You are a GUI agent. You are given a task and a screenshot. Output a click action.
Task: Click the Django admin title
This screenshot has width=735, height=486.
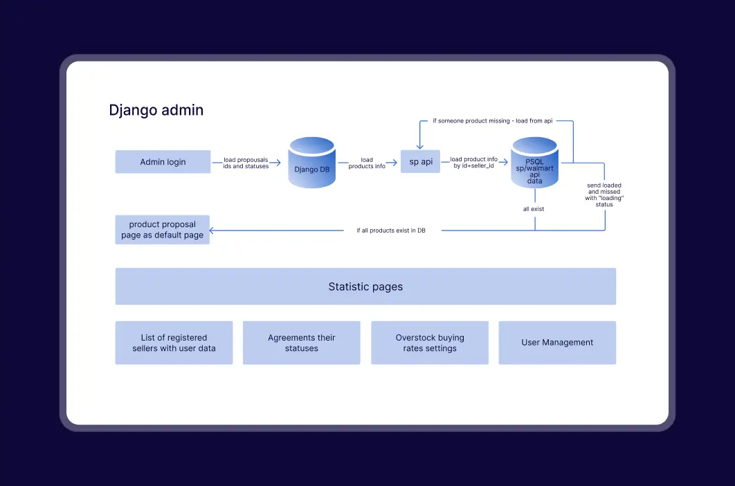point(156,110)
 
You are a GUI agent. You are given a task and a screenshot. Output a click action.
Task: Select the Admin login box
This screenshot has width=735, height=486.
point(163,162)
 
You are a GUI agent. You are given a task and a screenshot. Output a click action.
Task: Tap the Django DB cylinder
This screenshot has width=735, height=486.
point(311,162)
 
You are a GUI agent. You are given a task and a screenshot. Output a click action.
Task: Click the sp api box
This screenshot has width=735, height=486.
point(421,161)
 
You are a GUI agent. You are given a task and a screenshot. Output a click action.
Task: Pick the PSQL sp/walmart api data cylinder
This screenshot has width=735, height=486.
point(534,162)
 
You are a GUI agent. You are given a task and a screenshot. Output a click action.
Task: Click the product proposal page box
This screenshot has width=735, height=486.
point(162,229)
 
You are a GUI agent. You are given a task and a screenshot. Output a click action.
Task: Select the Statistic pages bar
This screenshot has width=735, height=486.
point(365,286)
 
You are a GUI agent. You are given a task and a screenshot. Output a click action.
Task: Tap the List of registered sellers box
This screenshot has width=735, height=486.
point(174,343)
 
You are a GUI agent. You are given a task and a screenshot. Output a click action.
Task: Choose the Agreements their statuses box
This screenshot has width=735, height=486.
point(302,343)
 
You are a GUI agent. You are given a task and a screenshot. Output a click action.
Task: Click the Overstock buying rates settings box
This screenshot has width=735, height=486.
point(430,343)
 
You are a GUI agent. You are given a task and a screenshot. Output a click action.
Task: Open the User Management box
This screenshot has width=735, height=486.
point(557,343)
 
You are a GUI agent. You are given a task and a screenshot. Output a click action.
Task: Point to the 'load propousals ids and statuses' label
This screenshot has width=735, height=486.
point(246,163)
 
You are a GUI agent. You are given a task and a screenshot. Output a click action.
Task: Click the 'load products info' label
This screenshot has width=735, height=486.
point(367,163)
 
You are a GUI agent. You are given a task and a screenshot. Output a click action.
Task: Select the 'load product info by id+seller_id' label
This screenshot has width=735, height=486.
point(473,162)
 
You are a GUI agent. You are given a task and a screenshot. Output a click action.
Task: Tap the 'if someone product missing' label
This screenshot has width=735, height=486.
point(493,120)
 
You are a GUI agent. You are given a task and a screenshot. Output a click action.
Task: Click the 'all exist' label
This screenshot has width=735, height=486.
point(534,209)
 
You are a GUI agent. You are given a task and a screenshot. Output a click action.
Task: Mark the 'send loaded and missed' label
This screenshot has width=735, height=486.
point(604,195)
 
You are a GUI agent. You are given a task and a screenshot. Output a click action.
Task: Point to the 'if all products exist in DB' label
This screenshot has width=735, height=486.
point(391,231)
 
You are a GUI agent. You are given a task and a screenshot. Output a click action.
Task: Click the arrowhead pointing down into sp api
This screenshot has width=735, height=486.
point(420,146)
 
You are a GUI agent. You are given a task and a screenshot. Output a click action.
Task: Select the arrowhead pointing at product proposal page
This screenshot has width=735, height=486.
point(212,231)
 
